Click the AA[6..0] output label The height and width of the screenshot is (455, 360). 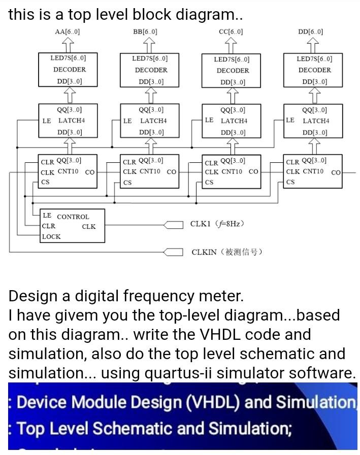pos(67,32)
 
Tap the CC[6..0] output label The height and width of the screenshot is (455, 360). pos(231,32)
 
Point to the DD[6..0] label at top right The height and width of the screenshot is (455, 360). pos(311,32)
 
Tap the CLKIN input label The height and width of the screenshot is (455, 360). pos(226,252)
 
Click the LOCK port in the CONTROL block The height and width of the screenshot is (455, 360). pos(51,236)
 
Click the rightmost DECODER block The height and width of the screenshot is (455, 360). pos(314,69)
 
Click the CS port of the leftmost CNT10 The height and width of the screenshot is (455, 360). pos(46,182)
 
